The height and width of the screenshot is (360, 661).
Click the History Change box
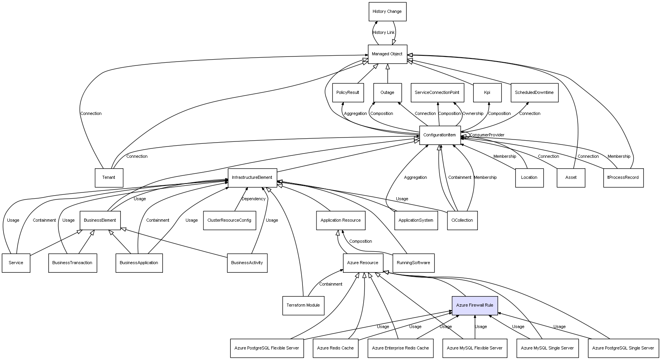tap(387, 12)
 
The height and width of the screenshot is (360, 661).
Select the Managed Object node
tap(387, 54)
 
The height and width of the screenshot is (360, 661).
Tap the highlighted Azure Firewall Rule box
tap(475, 305)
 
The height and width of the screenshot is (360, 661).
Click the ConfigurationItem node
tap(440, 135)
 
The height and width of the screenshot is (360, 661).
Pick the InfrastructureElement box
tap(252, 178)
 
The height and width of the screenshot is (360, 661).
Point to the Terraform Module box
tap(303, 305)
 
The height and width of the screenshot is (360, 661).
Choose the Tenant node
tap(109, 178)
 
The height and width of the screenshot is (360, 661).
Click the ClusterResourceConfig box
tap(230, 221)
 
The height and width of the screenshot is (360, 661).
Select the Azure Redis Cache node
tap(336, 348)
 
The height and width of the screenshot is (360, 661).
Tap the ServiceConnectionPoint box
tap(437, 93)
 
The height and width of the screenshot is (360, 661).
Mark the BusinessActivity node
tap(247, 263)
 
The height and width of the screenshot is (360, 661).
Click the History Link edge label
tap(384, 32)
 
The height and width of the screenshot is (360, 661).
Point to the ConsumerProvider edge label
tap(487, 135)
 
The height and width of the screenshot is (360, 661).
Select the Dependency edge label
tap(253, 199)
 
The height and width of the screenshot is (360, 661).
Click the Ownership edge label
tap(473, 114)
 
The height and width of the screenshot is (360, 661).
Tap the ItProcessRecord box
tap(624, 178)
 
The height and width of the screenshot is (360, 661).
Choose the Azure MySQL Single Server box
tap(548, 348)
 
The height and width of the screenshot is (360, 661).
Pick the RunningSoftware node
tap(414, 263)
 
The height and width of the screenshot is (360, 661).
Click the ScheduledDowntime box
tap(534, 93)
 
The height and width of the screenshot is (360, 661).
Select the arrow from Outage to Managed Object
tap(388, 74)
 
